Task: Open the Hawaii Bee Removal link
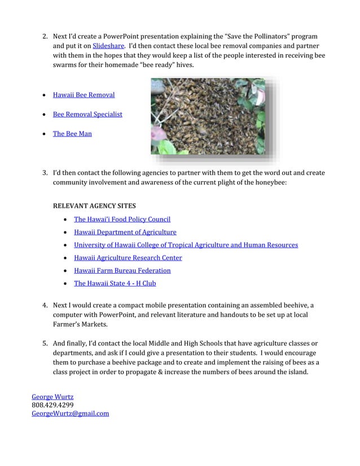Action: (84, 95)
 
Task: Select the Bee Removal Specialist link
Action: (87, 115)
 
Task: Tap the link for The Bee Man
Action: (72, 134)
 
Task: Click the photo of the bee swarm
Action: (208, 116)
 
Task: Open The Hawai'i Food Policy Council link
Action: (122, 219)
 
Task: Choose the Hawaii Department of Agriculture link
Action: (125, 232)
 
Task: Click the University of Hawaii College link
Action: (186, 245)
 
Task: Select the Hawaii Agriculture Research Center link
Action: (128, 258)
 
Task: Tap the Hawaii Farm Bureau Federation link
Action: (122, 271)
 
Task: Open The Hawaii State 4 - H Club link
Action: (115, 284)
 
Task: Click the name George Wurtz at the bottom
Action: (52, 397)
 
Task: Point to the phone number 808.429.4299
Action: (53, 405)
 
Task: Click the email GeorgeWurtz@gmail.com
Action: (70, 414)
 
